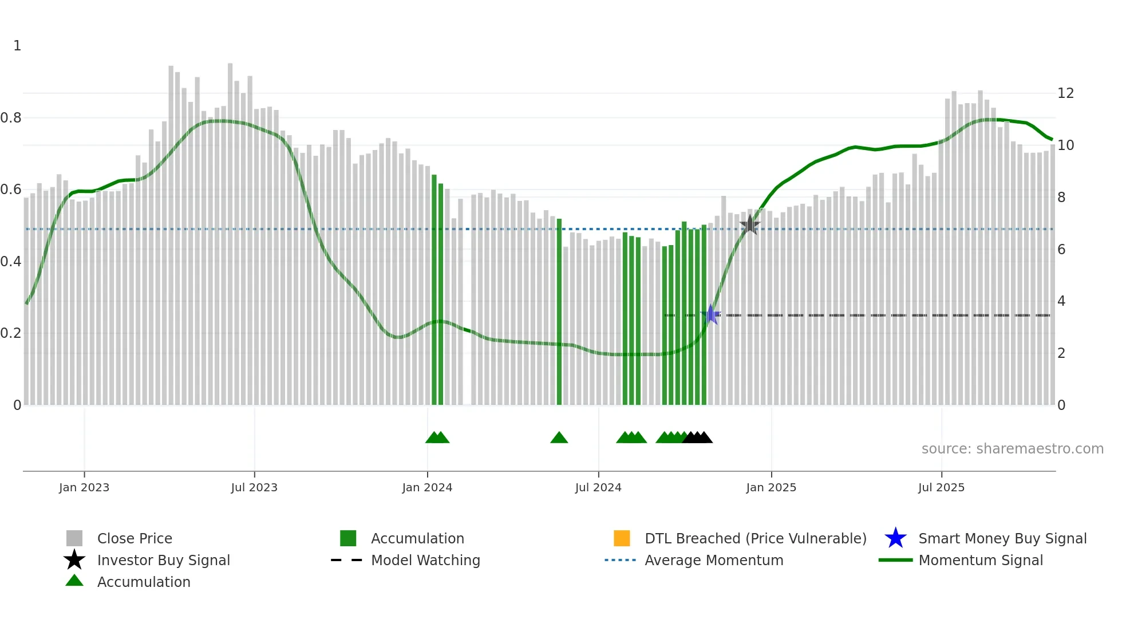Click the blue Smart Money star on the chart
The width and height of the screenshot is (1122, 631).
tap(710, 314)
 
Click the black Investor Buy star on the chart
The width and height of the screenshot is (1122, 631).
tap(750, 225)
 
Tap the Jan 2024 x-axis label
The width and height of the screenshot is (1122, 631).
tap(427, 487)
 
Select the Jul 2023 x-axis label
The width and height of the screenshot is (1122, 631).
tap(254, 487)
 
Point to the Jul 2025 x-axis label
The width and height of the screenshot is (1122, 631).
tap(941, 487)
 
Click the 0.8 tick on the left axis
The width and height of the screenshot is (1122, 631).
tap(11, 118)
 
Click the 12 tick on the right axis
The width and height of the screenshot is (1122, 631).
tap(1065, 93)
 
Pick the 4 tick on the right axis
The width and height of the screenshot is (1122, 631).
tap(1061, 301)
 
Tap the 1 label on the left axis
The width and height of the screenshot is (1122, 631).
tap(17, 46)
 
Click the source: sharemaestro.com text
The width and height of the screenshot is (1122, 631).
tap(1012, 449)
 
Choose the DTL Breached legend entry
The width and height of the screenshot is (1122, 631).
tap(755, 538)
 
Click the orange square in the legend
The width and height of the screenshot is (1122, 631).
tap(622, 538)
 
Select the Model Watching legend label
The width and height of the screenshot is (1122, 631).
tap(425, 560)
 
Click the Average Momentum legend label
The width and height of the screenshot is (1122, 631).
tap(714, 560)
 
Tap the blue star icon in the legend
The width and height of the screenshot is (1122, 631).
tap(895, 538)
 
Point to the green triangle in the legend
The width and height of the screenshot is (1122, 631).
tap(74, 581)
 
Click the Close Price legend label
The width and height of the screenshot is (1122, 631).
tap(135, 538)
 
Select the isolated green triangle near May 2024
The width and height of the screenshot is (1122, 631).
tap(559, 438)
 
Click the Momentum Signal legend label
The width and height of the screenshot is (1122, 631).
tap(981, 560)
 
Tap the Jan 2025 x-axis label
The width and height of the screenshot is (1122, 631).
tap(771, 487)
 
